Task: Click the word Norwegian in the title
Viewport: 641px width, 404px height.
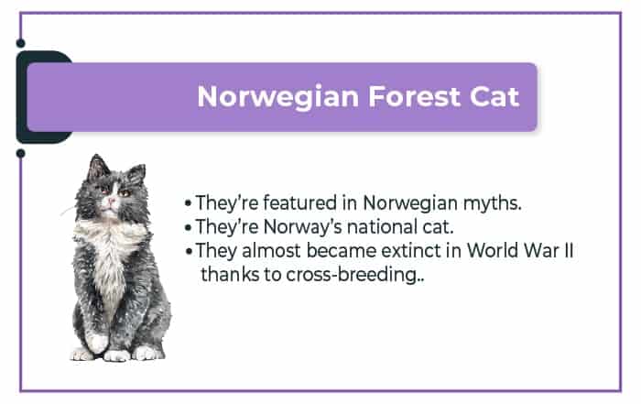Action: (278, 98)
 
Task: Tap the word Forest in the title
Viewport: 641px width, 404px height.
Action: (414, 96)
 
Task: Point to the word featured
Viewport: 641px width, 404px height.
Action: (300, 202)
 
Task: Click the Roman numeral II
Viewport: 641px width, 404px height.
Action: (569, 251)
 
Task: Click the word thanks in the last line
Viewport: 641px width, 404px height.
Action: (230, 275)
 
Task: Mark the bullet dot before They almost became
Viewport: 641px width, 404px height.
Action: (189, 251)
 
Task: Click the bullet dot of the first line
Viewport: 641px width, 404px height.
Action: (188, 203)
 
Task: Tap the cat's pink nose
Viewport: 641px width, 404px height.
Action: (111, 201)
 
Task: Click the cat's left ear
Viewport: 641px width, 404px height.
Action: (97, 168)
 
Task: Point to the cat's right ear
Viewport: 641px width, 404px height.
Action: (136, 175)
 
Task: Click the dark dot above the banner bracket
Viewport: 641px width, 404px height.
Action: (20, 43)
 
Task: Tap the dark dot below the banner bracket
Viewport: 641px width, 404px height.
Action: (20, 154)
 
